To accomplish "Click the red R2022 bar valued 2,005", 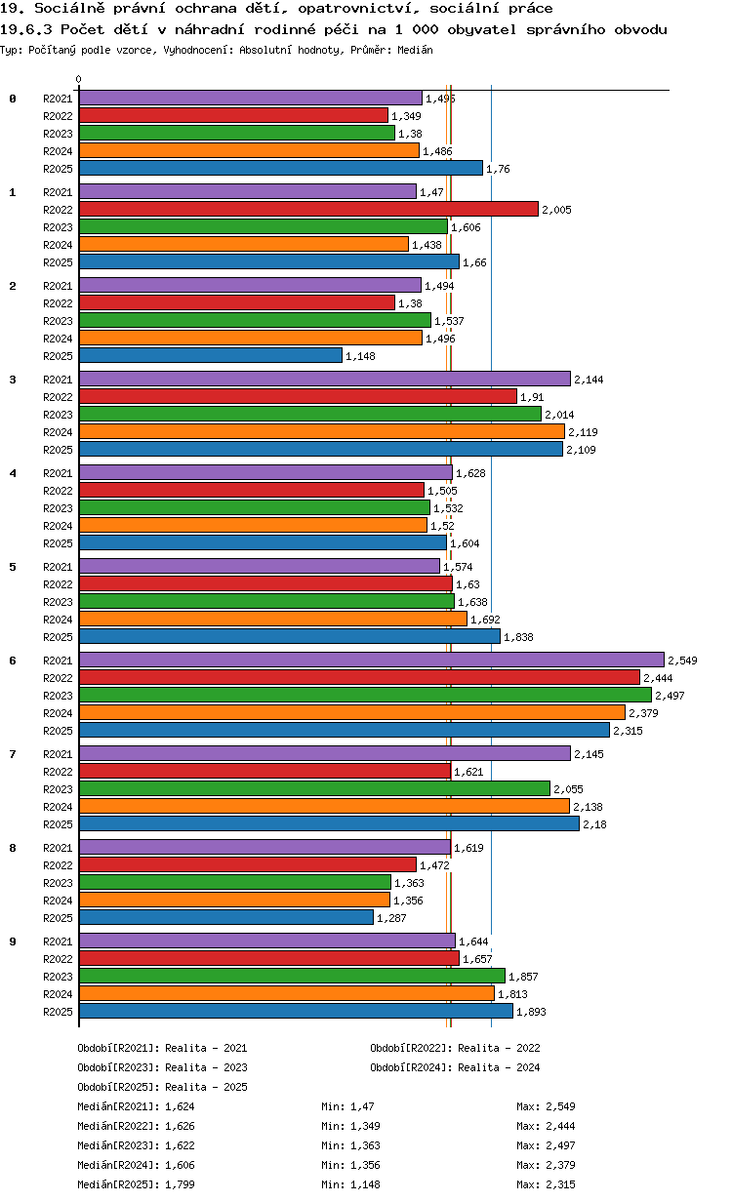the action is click(308, 209).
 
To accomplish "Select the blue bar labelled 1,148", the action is click(211, 356).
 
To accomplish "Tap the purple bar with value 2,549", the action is click(371, 660).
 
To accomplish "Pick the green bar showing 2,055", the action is click(314, 788).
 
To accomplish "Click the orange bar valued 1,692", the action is click(273, 620).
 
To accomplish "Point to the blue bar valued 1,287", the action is click(226, 917).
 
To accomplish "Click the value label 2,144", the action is click(589, 380).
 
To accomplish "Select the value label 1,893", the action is click(531, 1012).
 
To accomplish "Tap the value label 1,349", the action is click(406, 116).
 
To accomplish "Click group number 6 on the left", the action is click(13, 661).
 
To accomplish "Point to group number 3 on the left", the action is click(13, 380).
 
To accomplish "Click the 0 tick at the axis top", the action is click(79, 79).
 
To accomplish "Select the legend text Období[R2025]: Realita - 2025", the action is click(163, 1087).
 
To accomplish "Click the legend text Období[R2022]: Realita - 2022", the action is click(455, 1048).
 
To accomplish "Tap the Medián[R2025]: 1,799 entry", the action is click(136, 1184).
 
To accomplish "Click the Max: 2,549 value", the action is click(546, 1106).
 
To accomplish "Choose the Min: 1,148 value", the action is click(350, 1184).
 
